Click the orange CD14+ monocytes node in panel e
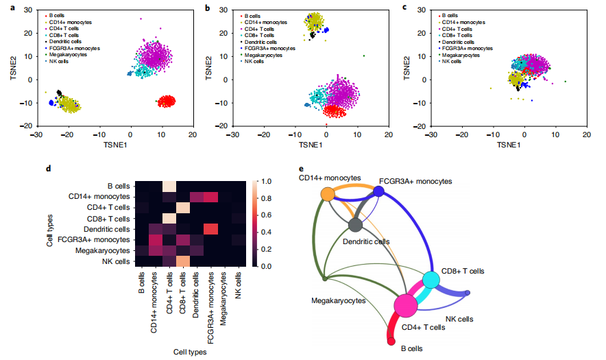pyautogui.click(x=328, y=195)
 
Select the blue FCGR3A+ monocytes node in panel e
pyautogui.click(x=378, y=192)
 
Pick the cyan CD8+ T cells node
pyautogui.click(x=431, y=280)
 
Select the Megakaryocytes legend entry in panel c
pyautogui.click(x=467, y=55)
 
